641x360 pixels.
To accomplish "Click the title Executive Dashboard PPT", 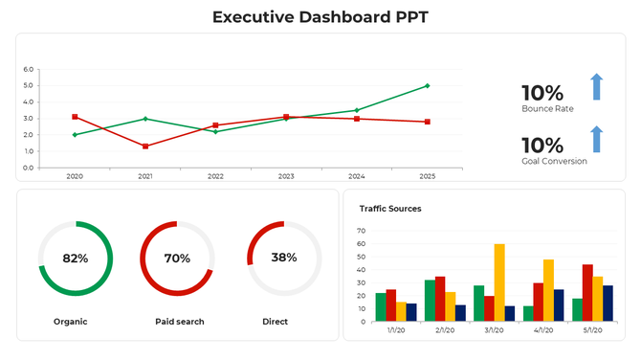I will [320, 16].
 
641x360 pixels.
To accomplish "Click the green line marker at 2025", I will [427, 86].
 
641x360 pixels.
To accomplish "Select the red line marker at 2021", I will [145, 146].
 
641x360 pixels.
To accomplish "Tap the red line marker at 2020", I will [75, 117].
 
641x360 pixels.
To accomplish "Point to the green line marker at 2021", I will [145, 119].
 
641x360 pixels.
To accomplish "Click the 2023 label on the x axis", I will [286, 176].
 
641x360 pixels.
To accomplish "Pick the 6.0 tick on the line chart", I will [27, 70].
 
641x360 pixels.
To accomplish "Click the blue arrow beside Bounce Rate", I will [596, 86].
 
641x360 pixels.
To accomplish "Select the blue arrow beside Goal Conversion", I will [596, 139].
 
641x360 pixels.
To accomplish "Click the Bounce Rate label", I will [547, 109].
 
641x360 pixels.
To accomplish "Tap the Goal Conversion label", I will [554, 161].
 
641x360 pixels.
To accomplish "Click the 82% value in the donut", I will [75, 259].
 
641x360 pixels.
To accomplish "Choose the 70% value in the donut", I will [177, 259].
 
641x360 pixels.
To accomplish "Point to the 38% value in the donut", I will [283, 258].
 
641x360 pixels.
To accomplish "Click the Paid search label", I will [179, 322].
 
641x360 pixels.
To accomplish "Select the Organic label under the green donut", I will [70, 322].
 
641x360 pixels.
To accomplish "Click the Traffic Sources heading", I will [390, 208].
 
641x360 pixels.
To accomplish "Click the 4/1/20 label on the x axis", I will [543, 329].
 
